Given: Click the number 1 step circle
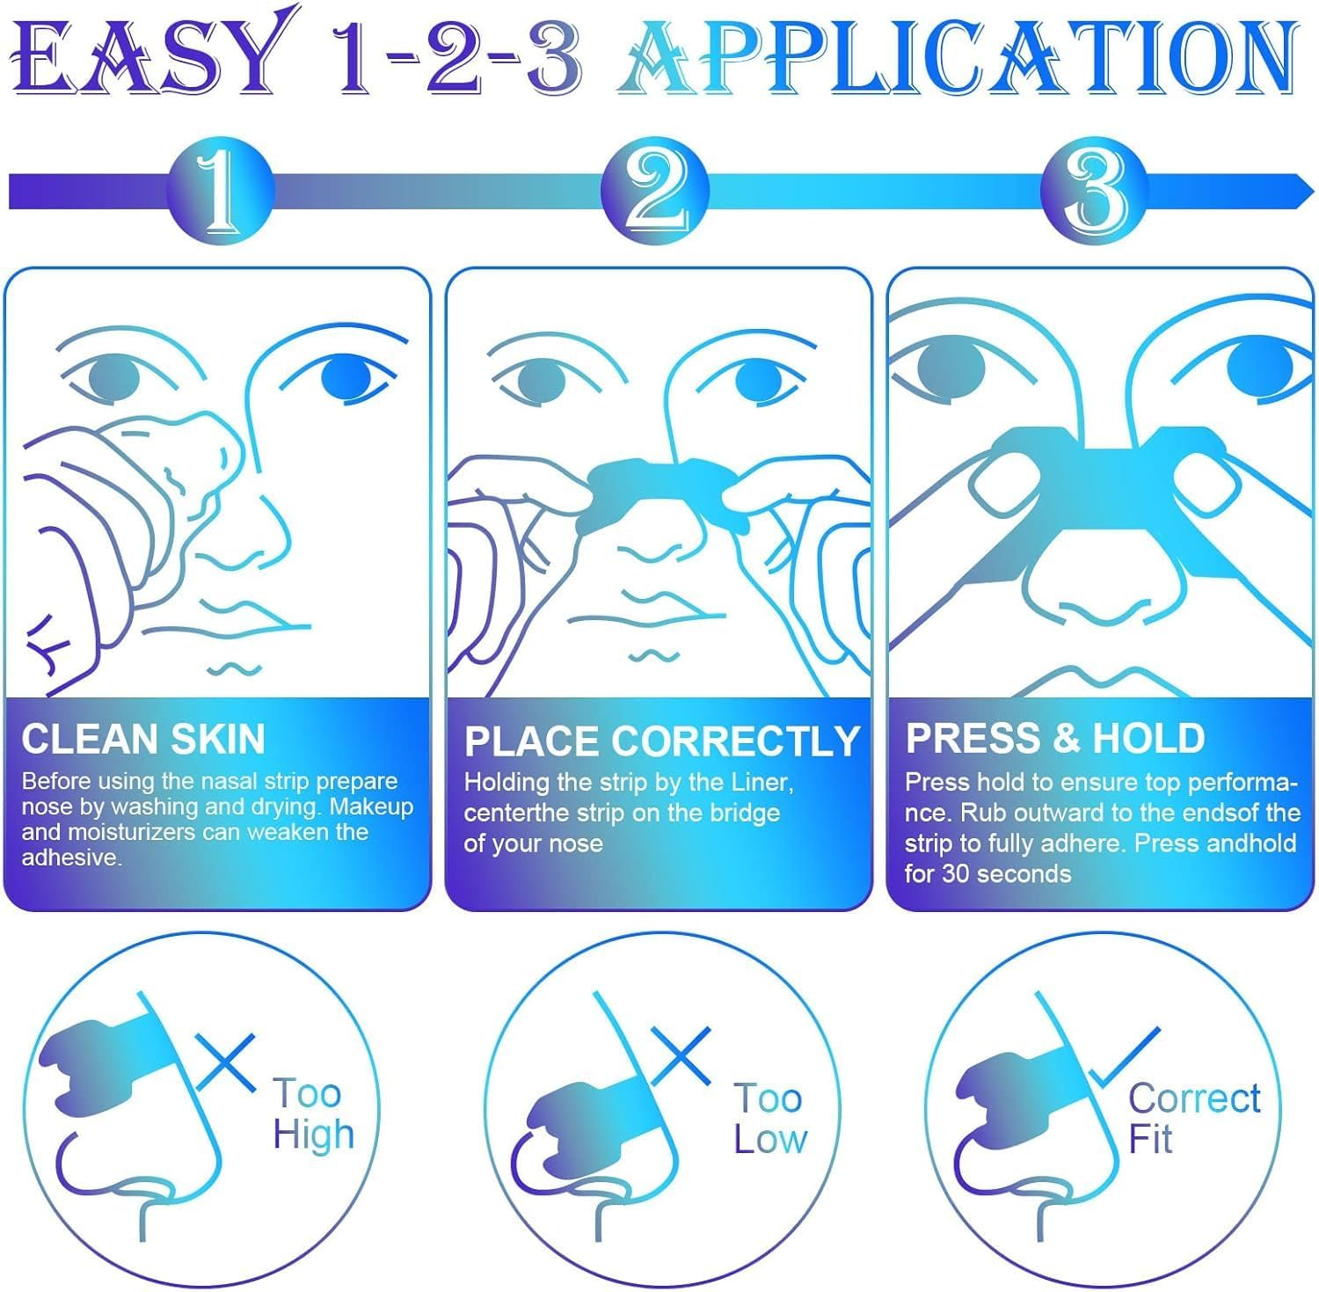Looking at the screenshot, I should click(x=220, y=190).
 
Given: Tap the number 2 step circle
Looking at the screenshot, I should click(x=655, y=190).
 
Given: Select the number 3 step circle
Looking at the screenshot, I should click(x=1095, y=190).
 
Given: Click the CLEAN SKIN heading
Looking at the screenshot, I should click(x=143, y=739).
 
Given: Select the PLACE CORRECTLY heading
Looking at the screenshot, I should click(x=661, y=741).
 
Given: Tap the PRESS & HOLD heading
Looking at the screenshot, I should click(x=1055, y=739).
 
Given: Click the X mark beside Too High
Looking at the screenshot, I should click(x=225, y=1062).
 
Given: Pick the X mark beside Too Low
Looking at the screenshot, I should click(x=681, y=1055).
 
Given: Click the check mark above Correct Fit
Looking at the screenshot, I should click(x=1126, y=1057).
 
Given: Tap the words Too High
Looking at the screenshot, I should click(x=312, y=1113).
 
